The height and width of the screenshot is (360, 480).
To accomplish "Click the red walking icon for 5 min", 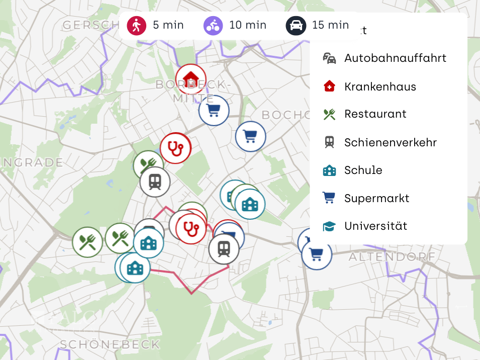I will point(136,25).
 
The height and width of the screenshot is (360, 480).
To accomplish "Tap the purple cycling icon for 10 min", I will point(213,25).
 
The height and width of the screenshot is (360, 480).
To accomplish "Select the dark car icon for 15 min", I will point(296,25).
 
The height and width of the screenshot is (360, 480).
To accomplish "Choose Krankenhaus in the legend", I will point(380,86).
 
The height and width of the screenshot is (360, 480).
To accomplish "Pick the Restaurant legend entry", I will point(375,114).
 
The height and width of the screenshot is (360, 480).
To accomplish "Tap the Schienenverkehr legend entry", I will point(390,142).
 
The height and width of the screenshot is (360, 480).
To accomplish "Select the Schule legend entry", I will point(363,170).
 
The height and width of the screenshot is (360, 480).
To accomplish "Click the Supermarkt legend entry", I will point(376,198).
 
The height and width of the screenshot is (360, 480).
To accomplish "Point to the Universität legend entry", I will point(375,226).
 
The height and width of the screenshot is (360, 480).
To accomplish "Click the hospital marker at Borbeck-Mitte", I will point(190,79).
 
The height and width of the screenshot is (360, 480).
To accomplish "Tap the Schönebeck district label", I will point(110,344).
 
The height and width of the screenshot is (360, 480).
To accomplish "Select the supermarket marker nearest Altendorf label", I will point(317,254).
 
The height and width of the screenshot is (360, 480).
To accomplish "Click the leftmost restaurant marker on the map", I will point(87,242).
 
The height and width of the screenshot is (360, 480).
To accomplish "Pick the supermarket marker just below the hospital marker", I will point(214,110).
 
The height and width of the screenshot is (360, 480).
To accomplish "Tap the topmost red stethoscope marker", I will point(175,148).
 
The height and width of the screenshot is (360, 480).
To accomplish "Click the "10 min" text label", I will point(248,25).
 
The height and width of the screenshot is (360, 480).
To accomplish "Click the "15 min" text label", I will point(330,25).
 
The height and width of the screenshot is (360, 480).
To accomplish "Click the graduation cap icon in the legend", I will point(329,226).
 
